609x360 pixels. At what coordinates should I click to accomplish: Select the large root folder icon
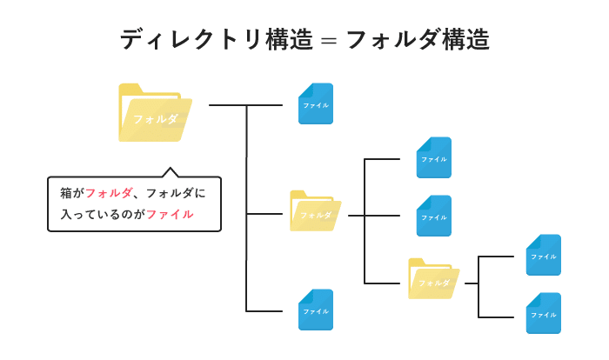coord(153,113)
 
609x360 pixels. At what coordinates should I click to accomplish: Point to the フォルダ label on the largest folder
coord(156,119)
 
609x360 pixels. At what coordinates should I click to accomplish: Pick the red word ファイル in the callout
coord(170,214)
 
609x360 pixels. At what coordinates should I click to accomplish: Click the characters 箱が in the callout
coord(71,193)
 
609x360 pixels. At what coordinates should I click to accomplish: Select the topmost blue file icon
coord(316,103)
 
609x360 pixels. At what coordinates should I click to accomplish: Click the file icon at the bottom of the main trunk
coord(316,310)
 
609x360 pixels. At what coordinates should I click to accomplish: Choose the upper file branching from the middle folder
coord(433,157)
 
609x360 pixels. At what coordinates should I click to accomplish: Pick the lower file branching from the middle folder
coord(433,216)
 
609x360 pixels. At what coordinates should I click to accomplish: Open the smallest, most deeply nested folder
coord(433,279)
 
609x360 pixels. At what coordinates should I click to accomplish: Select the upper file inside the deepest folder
coord(543,255)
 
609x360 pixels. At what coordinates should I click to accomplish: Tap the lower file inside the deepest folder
coord(543,313)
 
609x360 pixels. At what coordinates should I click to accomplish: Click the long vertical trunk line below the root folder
coord(246,183)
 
